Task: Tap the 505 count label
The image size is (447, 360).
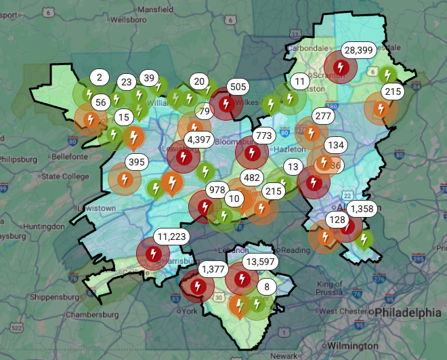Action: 238,87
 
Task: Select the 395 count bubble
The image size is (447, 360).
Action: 136,162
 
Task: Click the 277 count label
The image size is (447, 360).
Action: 324,116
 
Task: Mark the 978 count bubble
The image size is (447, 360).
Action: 218,189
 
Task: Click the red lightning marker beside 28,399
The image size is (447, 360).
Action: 342,67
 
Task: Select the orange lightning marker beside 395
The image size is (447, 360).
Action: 125,179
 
